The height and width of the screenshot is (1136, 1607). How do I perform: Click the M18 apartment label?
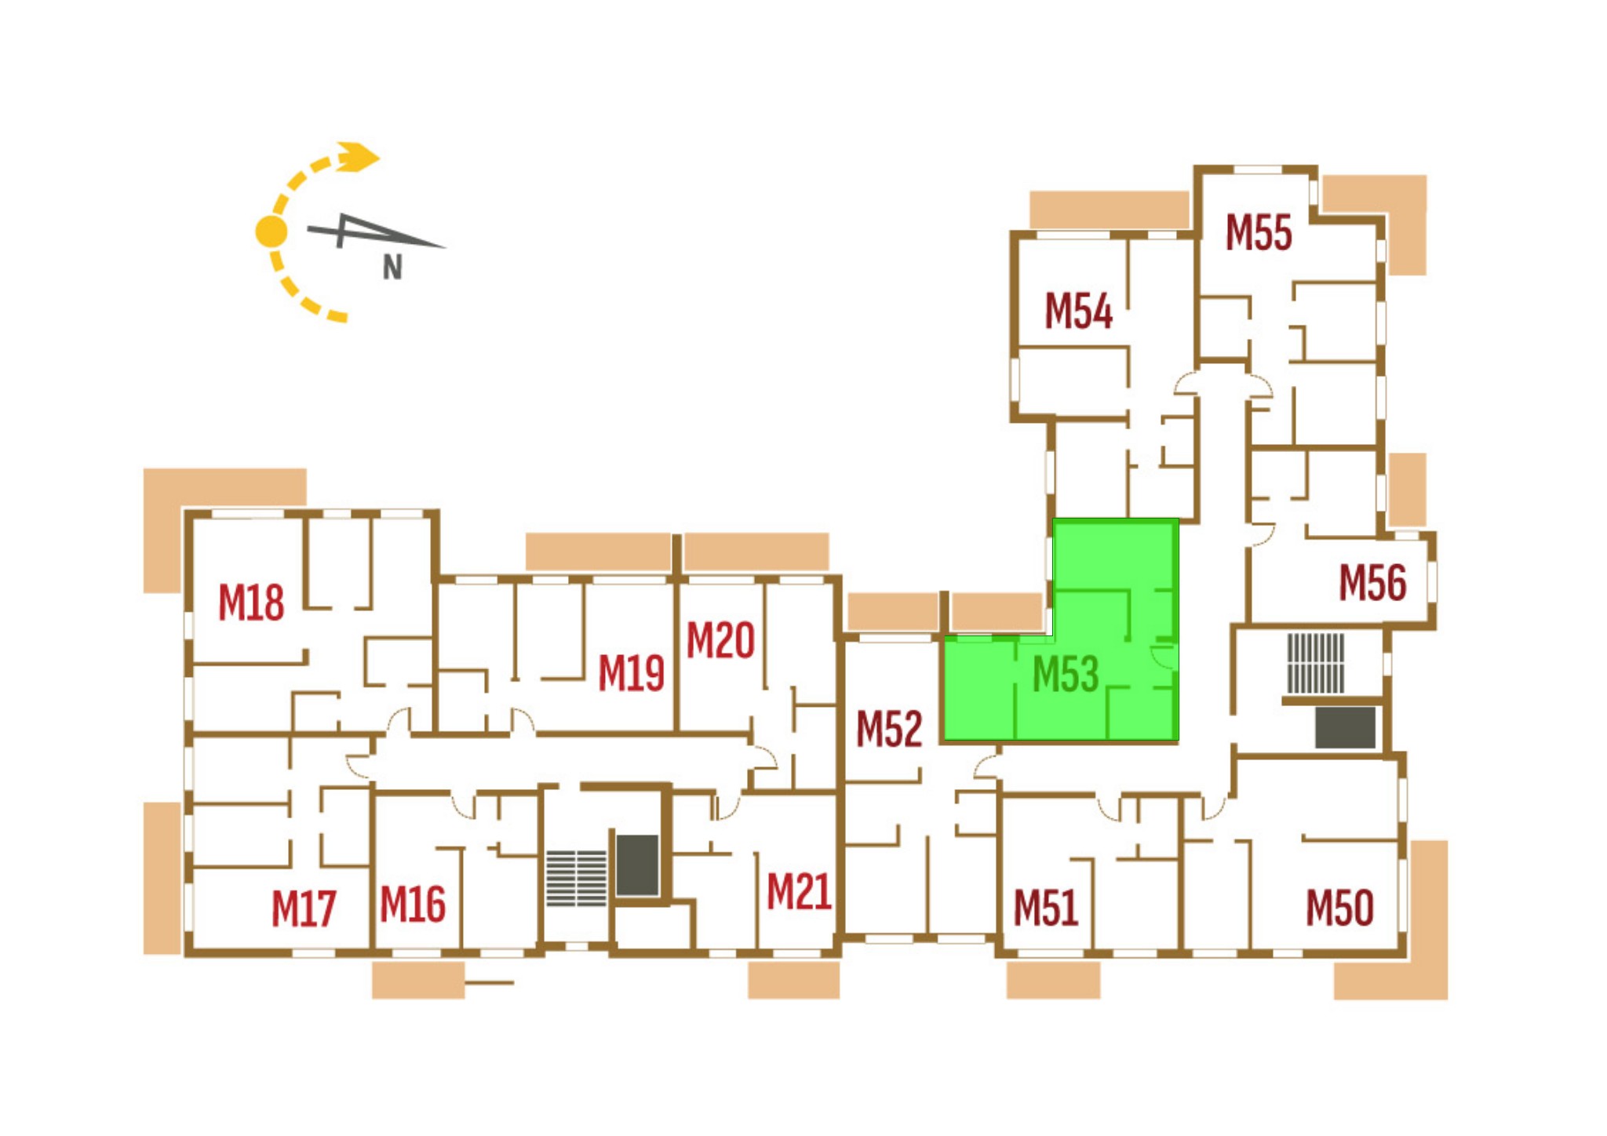click(251, 603)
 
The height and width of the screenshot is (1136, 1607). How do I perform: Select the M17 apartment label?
click(304, 908)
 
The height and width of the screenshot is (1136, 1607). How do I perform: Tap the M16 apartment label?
click(413, 904)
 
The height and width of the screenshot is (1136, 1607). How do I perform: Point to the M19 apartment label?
click(631, 673)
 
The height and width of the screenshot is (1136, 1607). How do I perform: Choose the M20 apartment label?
click(720, 640)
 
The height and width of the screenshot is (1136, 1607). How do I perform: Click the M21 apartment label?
click(799, 892)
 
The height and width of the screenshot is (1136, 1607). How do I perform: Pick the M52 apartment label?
click(889, 729)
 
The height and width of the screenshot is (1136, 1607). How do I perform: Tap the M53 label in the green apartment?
click(1066, 674)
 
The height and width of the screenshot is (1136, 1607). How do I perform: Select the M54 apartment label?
click(1079, 311)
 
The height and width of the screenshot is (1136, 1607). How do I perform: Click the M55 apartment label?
click(1259, 233)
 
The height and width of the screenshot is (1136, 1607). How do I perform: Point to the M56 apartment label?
click(1372, 583)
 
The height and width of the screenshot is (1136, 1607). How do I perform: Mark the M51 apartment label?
click(1046, 908)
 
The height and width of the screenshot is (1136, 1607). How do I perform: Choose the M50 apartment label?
click(1339, 908)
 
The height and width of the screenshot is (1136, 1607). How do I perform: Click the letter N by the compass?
click(392, 268)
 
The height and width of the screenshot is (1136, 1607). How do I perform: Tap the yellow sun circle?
click(271, 231)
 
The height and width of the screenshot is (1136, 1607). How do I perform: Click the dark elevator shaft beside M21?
click(637, 865)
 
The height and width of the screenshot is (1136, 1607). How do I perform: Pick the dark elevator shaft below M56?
click(1345, 727)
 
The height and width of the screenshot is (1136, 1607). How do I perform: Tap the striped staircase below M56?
click(1316, 664)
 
